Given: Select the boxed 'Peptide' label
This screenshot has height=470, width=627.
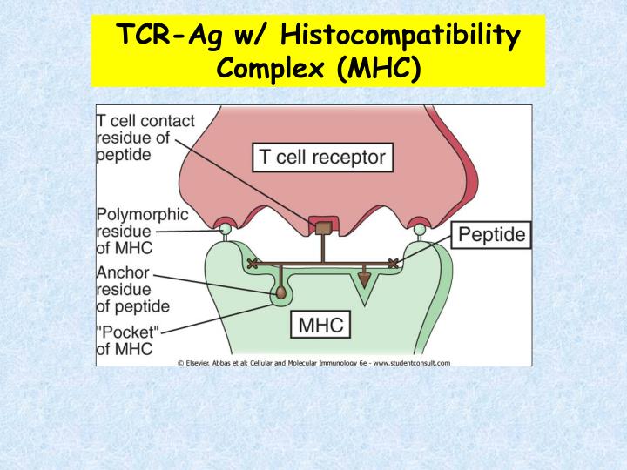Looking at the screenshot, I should [491, 235].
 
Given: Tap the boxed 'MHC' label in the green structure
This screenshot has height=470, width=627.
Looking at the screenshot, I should [321, 326].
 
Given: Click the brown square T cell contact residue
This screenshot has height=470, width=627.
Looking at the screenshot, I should [323, 227].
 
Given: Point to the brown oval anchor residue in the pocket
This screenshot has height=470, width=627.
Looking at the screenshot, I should [281, 294].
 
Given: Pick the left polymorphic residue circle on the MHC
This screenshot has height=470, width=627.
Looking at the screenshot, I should [225, 229].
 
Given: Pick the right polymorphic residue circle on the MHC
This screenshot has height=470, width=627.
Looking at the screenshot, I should [420, 229].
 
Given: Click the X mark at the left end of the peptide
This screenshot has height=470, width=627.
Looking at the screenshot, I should [253, 263].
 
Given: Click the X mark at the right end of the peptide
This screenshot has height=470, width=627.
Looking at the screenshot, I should [394, 263].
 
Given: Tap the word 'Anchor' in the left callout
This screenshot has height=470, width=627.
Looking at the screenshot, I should [119, 272].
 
